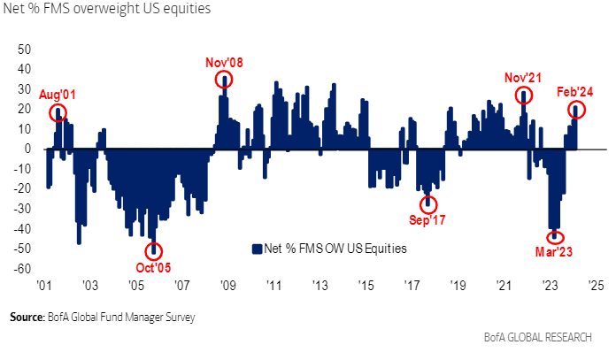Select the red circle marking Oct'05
pos(153,251)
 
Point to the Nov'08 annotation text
pos(225,62)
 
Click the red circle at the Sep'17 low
pos(429,203)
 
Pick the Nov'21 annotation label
pos(524,76)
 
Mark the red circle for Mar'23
pos(555,237)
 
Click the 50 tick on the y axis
pos(24,49)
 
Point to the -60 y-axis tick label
pos(22,269)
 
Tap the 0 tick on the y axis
pos(28,149)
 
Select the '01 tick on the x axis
pos(43,287)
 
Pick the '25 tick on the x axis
pos(596,287)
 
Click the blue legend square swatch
pos(257,249)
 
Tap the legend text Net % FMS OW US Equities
pos(334,249)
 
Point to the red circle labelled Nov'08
pos(225,80)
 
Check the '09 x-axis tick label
pos(227,287)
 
